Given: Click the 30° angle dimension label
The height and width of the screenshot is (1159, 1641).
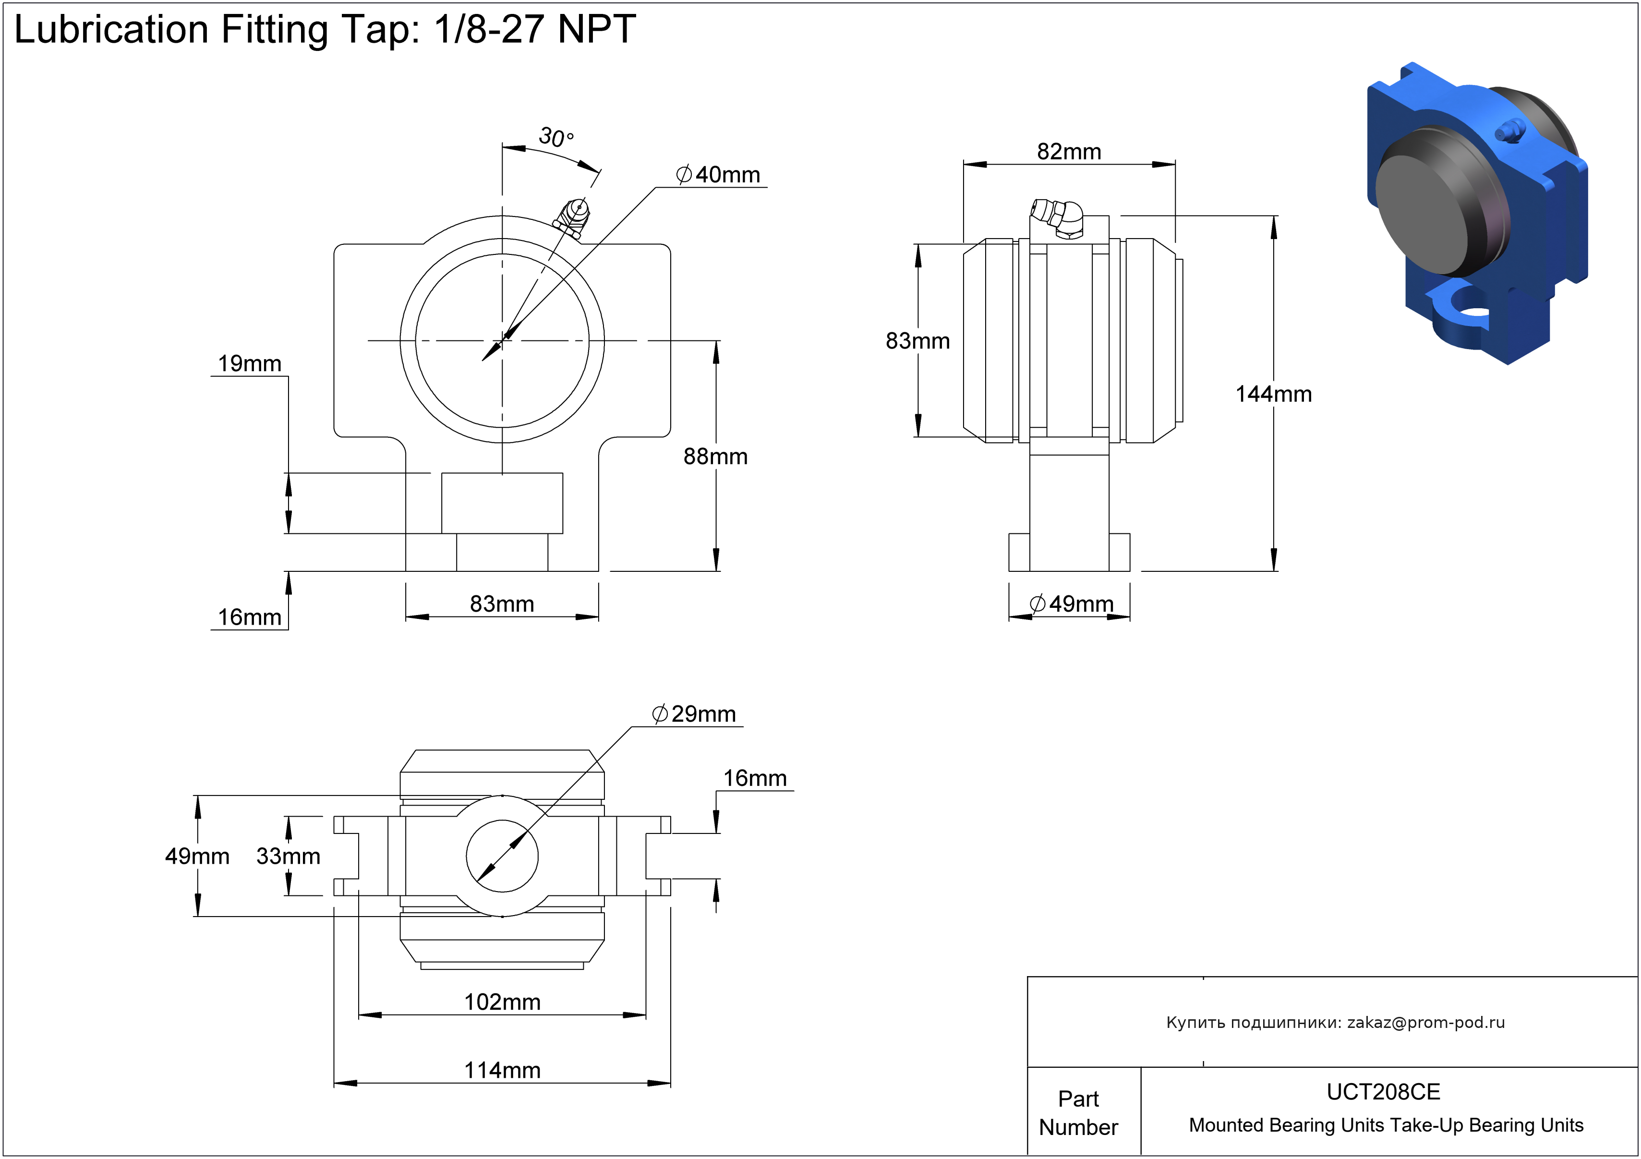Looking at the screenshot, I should (555, 136).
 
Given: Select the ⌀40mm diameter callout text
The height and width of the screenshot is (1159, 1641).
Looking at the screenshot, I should (718, 174).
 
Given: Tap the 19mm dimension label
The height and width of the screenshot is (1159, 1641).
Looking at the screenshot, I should (250, 364).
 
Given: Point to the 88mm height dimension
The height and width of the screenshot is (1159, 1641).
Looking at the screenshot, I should (715, 457).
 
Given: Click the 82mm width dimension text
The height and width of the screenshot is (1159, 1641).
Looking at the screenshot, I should (1069, 152).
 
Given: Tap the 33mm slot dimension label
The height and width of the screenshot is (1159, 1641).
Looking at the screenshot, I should (288, 856).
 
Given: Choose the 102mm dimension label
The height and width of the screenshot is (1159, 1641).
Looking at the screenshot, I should (503, 1002).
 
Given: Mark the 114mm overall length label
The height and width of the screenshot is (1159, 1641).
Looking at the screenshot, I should (503, 1070).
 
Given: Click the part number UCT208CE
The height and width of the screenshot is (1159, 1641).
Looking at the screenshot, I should (1383, 1092).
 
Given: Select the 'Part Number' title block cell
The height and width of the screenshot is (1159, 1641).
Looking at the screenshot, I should (1078, 1112).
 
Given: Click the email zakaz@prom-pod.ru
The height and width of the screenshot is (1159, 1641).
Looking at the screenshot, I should (1426, 1023).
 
